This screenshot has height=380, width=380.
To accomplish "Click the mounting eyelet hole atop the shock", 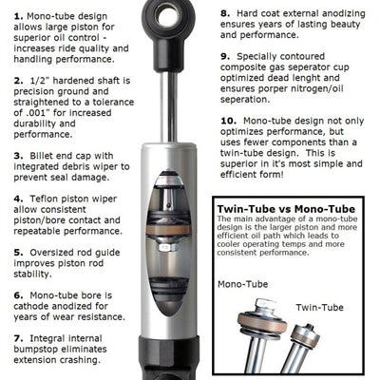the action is pyautogui.click(x=166, y=15).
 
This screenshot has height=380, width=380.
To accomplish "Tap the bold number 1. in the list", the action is pyautogui.click(x=18, y=16).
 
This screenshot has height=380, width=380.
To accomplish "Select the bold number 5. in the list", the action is pyautogui.click(x=18, y=253).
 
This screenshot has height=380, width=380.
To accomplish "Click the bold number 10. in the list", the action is pyautogui.click(x=229, y=121).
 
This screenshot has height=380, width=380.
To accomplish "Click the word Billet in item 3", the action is pyautogui.click(x=42, y=156).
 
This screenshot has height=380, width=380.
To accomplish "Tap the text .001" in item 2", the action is pyautogui.click(x=37, y=113).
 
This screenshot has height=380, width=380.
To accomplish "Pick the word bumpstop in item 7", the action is pyautogui.click(x=35, y=350).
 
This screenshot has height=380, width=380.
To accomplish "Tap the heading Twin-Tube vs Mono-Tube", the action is pyautogui.click(x=286, y=209).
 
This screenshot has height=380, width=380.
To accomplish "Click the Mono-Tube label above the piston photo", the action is pyautogui.click(x=243, y=284).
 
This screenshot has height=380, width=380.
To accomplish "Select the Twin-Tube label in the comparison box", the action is pyautogui.click(x=319, y=308).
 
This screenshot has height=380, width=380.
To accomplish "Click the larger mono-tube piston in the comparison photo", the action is pyautogui.click(x=262, y=319).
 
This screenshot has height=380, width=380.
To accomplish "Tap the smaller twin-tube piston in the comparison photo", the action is pyautogui.click(x=306, y=336).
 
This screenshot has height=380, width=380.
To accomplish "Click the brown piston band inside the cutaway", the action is pyautogui.click(x=168, y=230).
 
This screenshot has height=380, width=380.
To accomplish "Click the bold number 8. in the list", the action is pyautogui.click(x=225, y=13).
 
